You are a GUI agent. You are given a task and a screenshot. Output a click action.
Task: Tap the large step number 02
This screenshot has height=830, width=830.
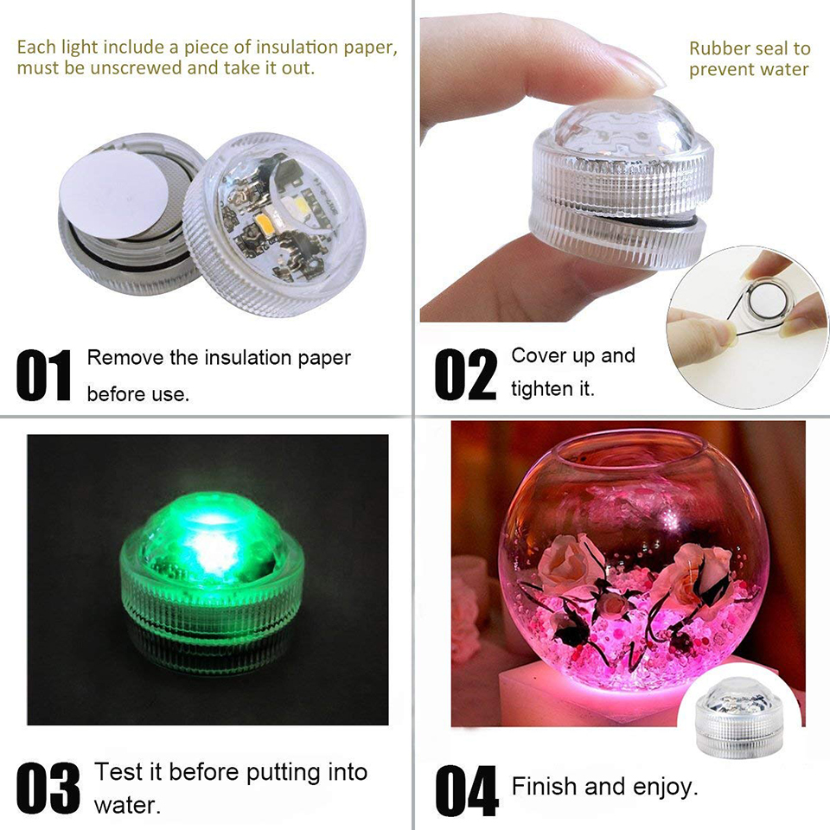coord(465,375)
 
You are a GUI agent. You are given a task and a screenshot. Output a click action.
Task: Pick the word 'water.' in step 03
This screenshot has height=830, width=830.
coord(126,806)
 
